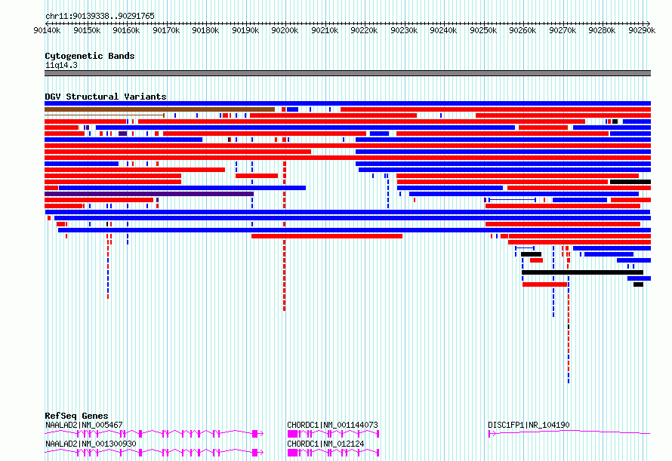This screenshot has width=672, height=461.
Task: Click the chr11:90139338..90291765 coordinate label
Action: pos(100,16)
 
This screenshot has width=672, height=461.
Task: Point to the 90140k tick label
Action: pos(47,30)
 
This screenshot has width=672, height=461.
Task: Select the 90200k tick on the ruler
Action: pos(285,30)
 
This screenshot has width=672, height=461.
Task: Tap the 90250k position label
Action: pos(483,30)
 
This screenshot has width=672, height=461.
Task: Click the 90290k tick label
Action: pos(642,30)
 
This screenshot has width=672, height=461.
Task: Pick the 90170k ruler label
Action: pos(166,30)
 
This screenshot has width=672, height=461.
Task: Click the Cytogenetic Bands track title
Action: pos(90,56)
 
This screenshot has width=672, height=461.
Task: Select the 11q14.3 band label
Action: pos(61,65)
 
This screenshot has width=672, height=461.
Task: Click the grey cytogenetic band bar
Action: pos(347,73)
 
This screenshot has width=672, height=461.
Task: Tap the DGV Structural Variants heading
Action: pos(106,97)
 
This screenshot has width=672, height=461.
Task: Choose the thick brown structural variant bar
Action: pos(159,109)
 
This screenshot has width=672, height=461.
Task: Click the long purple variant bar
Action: pos(150,194)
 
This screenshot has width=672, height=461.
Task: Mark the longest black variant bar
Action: pos(582,272)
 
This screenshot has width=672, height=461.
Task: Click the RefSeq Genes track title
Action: pos(76,416)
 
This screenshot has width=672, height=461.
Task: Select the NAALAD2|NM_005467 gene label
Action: pos(84,425)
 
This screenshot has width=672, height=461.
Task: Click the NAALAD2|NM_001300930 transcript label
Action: pos(91,444)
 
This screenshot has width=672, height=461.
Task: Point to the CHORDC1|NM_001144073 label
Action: pos(332,425)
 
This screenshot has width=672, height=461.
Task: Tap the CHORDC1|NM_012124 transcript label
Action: pos(325,444)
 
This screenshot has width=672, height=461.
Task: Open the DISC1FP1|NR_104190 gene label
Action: pos(529,425)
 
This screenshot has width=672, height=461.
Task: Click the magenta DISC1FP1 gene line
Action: pos(569,432)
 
